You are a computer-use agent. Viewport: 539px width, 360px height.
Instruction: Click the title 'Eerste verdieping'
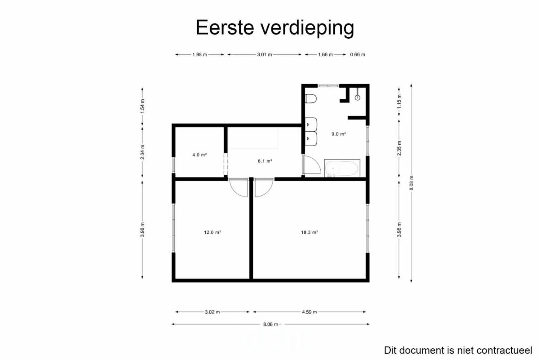pyautogui.click(x=275, y=28)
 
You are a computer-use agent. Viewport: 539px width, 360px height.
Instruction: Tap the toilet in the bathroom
pyautogui.click(x=311, y=98)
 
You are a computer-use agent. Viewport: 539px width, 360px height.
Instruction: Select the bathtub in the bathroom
pyautogui.click(x=342, y=169)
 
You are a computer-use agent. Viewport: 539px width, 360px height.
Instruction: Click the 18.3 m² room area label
pyautogui.click(x=309, y=232)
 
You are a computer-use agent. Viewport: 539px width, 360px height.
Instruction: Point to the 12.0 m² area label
pyautogui.click(x=212, y=232)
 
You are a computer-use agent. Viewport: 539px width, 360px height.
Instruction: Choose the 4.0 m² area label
pyautogui.click(x=199, y=155)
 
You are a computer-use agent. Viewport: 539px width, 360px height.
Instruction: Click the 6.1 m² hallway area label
pyautogui.click(x=265, y=161)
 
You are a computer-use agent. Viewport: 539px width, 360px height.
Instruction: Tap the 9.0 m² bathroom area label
pyautogui.click(x=339, y=134)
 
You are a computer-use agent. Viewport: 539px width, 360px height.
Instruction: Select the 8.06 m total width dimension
pyautogui.click(x=270, y=324)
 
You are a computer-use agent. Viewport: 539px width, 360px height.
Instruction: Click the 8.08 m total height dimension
pyautogui.click(x=411, y=183)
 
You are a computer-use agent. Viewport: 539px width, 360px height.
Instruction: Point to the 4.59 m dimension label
pyautogui.click(x=309, y=312)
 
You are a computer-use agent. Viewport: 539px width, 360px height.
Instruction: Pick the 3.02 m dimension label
pyautogui.click(x=212, y=312)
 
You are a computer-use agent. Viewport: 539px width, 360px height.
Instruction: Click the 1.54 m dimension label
pyautogui.click(x=142, y=106)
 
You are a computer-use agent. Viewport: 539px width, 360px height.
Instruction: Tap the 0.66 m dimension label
pyautogui.click(x=358, y=55)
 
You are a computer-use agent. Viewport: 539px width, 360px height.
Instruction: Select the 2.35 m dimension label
pyautogui.click(x=399, y=148)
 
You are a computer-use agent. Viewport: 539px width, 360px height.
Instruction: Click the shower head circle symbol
pyautogui.click(x=358, y=98)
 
